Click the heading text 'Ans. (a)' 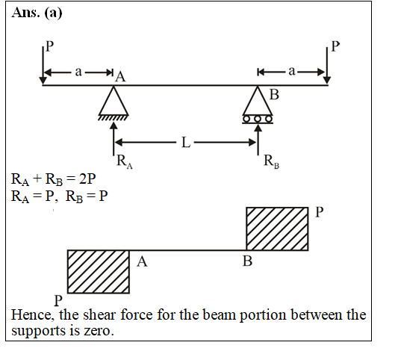tap(37, 13)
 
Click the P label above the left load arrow tap(49, 46)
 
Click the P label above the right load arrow tap(335, 46)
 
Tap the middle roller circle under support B tap(258, 119)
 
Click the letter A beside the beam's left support tap(120, 77)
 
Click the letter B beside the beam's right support tap(274, 94)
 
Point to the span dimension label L tap(186, 143)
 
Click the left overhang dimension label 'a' tap(78, 72)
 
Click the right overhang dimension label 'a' tap(292, 72)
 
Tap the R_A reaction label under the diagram tap(125, 161)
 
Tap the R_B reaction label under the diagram tap(271, 161)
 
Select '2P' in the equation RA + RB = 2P tap(87, 179)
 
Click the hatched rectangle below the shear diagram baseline tap(99, 272)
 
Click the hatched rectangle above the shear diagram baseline tap(277, 229)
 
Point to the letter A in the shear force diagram tap(142, 261)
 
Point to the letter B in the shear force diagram tap(247, 261)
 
